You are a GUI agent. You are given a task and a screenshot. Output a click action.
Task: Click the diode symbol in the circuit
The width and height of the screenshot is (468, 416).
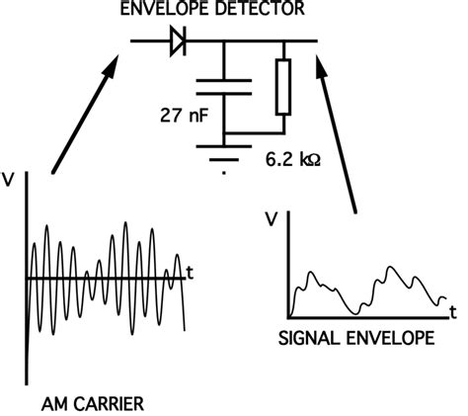tap(178, 42)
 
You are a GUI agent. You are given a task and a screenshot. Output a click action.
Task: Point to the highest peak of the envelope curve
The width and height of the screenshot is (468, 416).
tap(393, 268)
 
